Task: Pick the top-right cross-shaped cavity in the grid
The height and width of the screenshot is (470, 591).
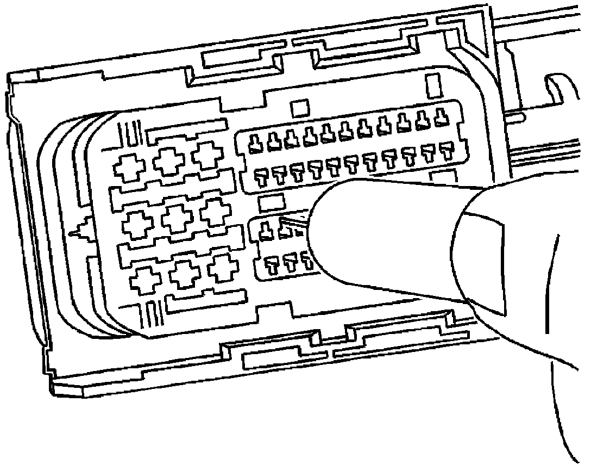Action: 206,155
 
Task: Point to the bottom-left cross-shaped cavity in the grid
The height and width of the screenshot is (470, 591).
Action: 144,280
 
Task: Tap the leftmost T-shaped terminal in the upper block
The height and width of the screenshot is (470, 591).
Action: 261,176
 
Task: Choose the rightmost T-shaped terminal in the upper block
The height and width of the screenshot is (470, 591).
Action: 447,150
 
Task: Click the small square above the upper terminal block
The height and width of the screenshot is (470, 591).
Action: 299,108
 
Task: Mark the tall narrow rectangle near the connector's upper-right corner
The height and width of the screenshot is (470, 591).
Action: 434,86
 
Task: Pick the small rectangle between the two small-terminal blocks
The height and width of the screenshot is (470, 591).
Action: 271,203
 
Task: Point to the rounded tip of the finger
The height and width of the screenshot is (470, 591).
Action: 320,228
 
